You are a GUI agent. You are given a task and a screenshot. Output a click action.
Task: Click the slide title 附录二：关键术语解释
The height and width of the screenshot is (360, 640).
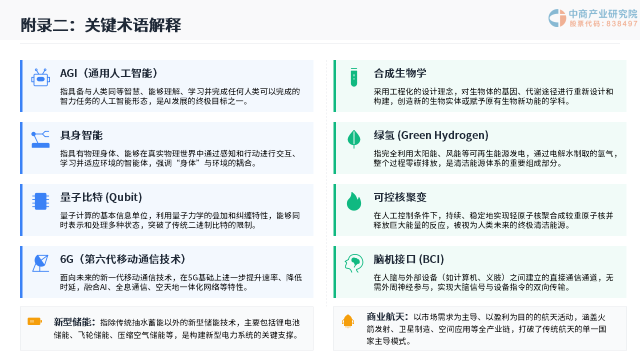click(x=101, y=25)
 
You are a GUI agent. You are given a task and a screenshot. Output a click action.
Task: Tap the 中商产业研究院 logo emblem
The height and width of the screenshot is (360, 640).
click(x=557, y=18)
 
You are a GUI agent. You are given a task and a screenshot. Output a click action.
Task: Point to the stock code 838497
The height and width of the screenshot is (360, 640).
click(x=622, y=23)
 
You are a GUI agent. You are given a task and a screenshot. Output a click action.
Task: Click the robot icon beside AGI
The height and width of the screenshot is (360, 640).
click(x=40, y=77)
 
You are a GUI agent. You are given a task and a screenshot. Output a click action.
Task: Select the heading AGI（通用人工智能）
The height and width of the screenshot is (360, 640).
click(x=108, y=73)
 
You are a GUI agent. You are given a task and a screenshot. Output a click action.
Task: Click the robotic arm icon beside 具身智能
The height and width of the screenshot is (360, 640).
click(x=40, y=139)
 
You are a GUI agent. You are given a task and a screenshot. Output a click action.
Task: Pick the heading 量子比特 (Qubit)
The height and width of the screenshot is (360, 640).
click(x=101, y=197)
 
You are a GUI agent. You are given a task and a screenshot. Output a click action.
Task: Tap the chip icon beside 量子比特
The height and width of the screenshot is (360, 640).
click(x=40, y=201)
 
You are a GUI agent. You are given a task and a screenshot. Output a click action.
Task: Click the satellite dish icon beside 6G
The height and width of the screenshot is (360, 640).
click(x=40, y=263)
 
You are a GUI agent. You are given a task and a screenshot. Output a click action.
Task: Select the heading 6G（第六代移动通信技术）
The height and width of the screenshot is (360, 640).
click(x=123, y=259)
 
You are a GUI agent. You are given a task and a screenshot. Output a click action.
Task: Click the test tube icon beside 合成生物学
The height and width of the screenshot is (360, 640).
click(x=354, y=77)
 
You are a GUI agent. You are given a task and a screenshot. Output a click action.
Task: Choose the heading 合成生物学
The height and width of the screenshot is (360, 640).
click(x=400, y=73)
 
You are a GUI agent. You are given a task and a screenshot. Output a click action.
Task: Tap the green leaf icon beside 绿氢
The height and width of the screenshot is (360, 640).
click(x=354, y=139)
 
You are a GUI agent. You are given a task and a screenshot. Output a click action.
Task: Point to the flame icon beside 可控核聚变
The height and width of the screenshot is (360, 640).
click(x=354, y=201)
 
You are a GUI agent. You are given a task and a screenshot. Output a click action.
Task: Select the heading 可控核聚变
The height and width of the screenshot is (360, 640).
click(x=400, y=197)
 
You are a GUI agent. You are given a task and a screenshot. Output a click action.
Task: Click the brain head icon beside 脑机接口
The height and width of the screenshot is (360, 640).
click(x=354, y=263)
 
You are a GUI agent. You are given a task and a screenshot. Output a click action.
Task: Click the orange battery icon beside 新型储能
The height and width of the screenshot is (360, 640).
click(x=34, y=321)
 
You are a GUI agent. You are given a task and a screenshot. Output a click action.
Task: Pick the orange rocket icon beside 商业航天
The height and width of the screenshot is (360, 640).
click(x=347, y=321)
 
